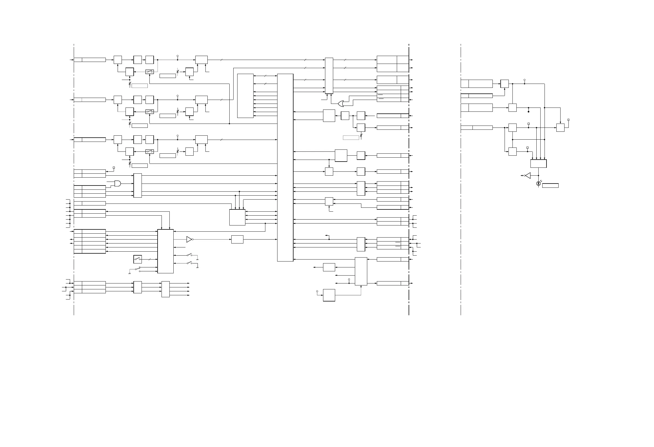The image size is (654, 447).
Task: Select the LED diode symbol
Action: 538,184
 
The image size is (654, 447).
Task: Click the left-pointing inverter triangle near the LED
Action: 528,176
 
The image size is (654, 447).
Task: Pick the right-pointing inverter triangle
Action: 189,240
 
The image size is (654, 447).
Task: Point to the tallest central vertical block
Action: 285,167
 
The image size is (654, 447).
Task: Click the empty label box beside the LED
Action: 550,185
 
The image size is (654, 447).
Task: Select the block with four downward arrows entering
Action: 538,164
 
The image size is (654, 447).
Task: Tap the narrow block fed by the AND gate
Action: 137,185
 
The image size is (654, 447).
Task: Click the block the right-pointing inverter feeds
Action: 237,240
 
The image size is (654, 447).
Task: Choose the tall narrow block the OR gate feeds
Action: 329,76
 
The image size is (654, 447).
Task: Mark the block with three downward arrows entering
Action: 237,217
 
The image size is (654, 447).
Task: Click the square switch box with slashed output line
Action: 137,259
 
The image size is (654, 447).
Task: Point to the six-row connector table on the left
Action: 90,242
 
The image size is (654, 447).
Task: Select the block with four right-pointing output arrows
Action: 165,289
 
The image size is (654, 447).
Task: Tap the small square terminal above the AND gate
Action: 114,168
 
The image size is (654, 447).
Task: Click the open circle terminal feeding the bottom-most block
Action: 317,291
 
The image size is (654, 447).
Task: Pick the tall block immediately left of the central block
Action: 245,96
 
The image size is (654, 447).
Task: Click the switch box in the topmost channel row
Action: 149,72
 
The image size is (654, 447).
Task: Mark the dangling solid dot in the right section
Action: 528,112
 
